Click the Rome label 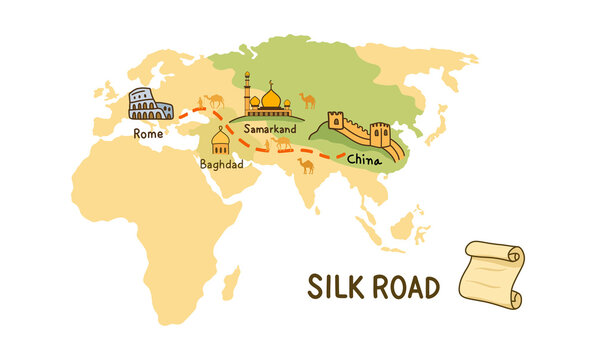(147, 131)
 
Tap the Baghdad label (220, 164)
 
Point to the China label (363, 158)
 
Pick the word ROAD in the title (403, 288)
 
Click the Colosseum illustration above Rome (150, 105)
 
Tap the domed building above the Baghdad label (221, 141)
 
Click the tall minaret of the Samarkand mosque (247, 92)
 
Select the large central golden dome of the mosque (270, 98)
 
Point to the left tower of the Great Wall (335, 122)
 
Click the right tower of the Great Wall (380, 132)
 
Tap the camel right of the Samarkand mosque (308, 100)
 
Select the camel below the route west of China (305, 165)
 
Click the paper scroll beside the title (490, 273)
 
